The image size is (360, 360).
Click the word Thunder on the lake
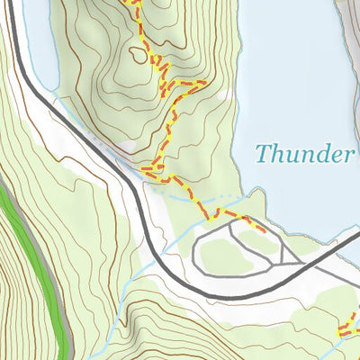[303, 153]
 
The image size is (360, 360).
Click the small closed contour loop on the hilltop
[138, 53]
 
